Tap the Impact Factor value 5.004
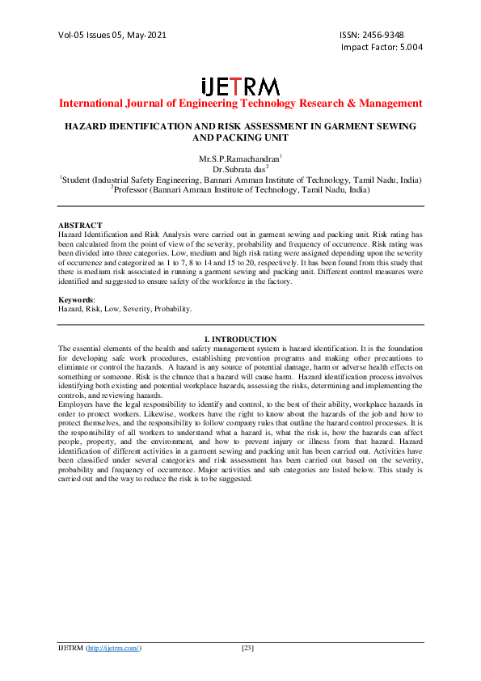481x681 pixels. click(x=406, y=47)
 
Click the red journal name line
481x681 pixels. click(x=240, y=104)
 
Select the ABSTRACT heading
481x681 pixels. click(x=80, y=225)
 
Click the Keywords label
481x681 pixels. click(x=77, y=300)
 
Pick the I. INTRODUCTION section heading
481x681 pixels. click(x=240, y=339)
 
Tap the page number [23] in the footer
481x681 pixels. click(x=248, y=649)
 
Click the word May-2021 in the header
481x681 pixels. click(x=152, y=35)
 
